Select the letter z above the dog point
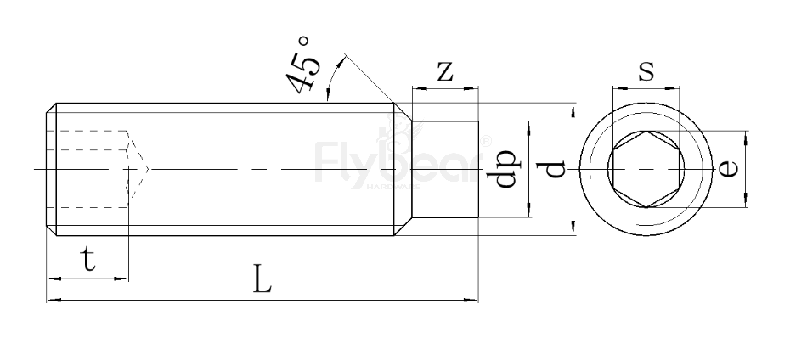coord(443,71)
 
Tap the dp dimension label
coord(507,169)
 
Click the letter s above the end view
coord(646,70)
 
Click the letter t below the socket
coord(88,260)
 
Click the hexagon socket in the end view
coord(646,169)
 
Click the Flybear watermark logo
coord(399,160)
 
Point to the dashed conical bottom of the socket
coord(138,169)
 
